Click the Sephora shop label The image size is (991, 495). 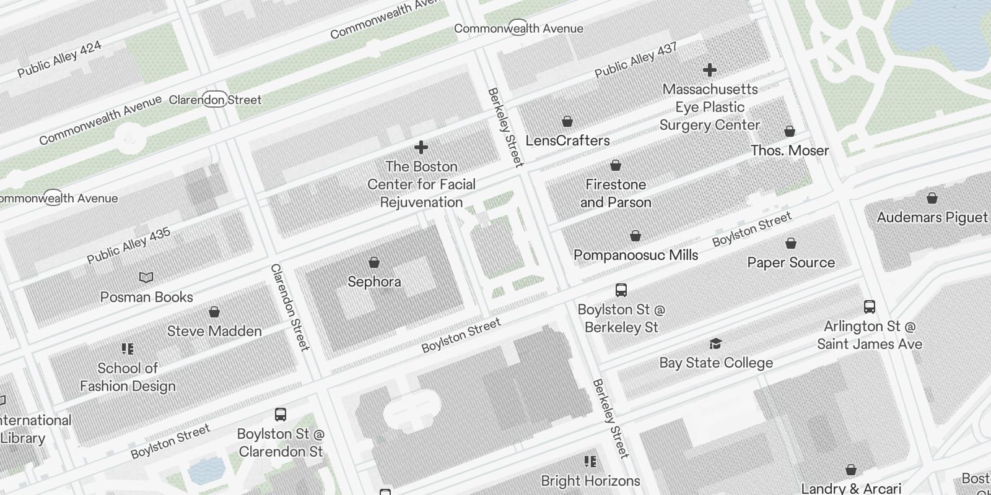click(374, 282)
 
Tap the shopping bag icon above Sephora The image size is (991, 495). click(374, 262)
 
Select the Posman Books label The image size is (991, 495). click(147, 297)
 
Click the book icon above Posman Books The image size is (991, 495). click(146, 278)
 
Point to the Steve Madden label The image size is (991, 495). click(214, 331)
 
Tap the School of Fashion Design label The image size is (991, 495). click(128, 377)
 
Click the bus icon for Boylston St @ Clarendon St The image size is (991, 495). click(281, 414)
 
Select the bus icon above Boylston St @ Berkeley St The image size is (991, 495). click(621, 290)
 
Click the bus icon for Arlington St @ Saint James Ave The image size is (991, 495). click(870, 306)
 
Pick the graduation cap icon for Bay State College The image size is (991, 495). click(716, 343)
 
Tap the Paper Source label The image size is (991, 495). click(791, 262)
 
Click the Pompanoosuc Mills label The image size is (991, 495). click(635, 255)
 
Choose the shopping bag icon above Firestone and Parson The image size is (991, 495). click(616, 165)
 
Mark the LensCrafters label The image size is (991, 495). click(567, 140)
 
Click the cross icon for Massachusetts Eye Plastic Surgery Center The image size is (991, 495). click(710, 70)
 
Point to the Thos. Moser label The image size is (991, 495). click(790, 150)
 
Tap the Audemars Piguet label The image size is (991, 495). click(932, 217)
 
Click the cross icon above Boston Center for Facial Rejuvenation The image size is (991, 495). click(421, 147)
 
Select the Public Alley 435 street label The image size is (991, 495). click(129, 246)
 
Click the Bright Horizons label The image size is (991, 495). click(590, 481)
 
